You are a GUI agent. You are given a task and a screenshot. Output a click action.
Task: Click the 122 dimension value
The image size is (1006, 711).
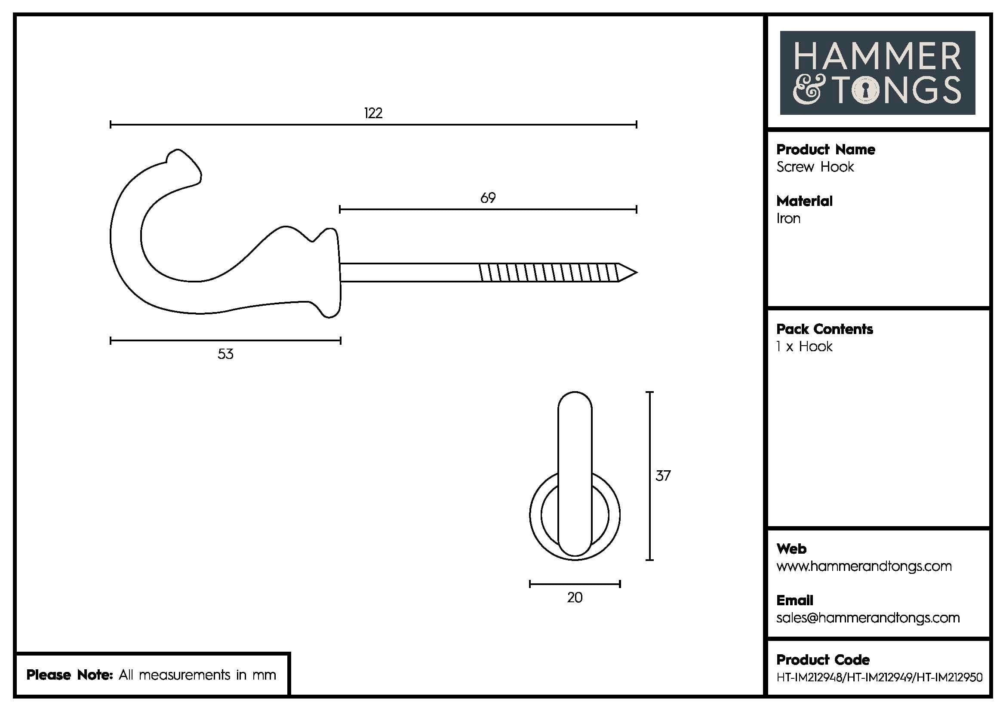pos(373,113)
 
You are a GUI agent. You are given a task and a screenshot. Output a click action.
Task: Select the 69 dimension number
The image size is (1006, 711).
pos(488,198)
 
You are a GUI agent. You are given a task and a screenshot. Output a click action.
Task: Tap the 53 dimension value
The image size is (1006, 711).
pos(225,354)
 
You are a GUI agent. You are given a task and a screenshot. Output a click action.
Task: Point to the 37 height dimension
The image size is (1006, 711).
pos(662,476)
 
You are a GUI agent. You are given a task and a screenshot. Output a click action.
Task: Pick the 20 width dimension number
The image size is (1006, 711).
pos(575,598)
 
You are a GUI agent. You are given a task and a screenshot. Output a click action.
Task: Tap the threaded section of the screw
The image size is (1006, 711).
pos(548,272)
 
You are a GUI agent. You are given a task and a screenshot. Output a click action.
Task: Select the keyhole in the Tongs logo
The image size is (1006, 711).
pos(865,90)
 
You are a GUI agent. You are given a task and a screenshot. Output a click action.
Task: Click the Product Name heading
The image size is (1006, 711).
pos(825,150)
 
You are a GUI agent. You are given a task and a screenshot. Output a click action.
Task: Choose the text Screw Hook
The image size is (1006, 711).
pos(815,167)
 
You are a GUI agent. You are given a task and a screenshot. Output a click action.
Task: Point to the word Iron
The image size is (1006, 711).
pos(788,218)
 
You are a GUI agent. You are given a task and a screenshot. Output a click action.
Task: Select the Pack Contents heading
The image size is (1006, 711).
pos(824,329)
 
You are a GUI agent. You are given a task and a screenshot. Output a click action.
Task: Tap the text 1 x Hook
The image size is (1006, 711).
pos(804,347)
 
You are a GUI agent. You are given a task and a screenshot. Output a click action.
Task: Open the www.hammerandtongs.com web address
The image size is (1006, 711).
pos(864,566)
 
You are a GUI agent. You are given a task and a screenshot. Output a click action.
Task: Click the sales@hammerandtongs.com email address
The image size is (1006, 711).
pos(868,618)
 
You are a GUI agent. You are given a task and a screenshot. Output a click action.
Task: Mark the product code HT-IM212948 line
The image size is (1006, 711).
pos(879,677)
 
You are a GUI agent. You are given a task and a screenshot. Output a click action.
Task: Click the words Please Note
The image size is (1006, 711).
pos(70,674)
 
